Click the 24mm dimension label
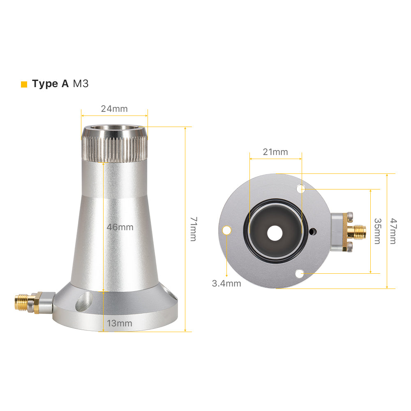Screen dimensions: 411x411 tap(114, 109)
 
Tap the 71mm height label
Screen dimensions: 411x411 tap(194, 229)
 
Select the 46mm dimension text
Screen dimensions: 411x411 tap(120, 227)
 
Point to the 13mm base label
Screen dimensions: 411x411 tap(119, 323)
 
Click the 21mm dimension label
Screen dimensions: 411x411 tap(275, 152)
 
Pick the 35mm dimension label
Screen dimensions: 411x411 tap(377, 231)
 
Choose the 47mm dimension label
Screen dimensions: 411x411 tap(393, 231)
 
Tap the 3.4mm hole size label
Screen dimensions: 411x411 tap(226, 283)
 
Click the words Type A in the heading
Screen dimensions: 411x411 tap(50, 84)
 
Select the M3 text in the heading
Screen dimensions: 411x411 tap(81, 84)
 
